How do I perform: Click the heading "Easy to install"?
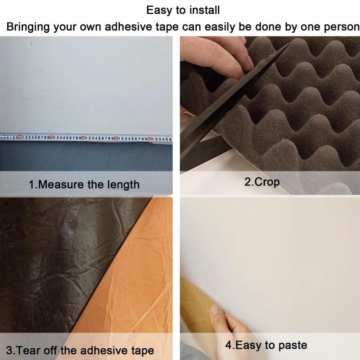pyautogui.click(x=183, y=10)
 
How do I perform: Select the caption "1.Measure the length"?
pyautogui.click(x=84, y=184)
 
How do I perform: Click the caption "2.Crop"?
pyautogui.click(x=262, y=182)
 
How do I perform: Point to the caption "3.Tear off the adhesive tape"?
pyautogui.click(x=80, y=351)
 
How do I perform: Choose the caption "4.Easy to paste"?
pyautogui.click(x=266, y=345)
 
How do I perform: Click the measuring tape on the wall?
pyautogui.click(x=86, y=139)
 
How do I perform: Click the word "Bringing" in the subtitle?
pyautogui.click(x=28, y=27)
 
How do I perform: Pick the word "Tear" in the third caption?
pyautogui.click(x=28, y=351)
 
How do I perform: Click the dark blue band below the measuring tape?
pyautogui.click(x=86, y=156)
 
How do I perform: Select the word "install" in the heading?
pyautogui.click(x=205, y=10)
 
